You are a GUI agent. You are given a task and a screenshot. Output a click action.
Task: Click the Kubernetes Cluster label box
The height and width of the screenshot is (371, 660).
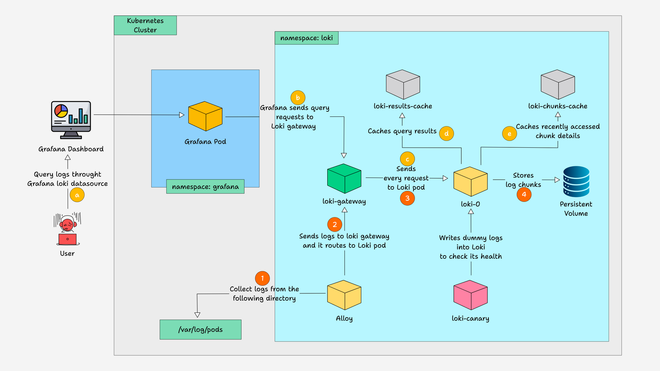point(145,25)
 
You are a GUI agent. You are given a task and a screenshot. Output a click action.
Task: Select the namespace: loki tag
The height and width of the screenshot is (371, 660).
point(306,38)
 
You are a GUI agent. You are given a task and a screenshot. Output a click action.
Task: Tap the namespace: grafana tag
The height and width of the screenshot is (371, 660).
point(205,187)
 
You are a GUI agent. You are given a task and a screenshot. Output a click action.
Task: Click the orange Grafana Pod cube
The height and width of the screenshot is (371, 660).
point(205,116)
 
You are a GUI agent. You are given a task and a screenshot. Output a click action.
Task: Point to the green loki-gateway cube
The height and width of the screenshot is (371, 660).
point(344,178)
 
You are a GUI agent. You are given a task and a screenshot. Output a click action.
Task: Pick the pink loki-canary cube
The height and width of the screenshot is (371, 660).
point(471,295)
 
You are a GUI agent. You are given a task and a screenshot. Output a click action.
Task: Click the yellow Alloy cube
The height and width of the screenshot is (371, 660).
point(344,295)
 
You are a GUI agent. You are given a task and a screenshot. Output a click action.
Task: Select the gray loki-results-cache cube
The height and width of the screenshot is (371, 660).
point(403,85)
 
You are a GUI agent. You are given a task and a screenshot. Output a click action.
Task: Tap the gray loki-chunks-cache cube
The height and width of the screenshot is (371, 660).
point(558,85)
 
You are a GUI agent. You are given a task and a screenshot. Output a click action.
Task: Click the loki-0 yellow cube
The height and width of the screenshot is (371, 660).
point(471,181)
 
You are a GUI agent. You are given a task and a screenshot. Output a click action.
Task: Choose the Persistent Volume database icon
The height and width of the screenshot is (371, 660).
point(576,181)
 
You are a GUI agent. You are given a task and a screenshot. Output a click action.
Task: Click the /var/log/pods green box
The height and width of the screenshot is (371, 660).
point(200,329)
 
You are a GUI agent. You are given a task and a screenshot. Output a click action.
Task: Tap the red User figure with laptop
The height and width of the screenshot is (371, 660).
point(68,229)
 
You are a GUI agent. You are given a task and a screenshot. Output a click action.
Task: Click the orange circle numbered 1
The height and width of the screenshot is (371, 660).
point(262,278)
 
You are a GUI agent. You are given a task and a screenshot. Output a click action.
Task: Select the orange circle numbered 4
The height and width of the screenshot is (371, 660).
point(524,194)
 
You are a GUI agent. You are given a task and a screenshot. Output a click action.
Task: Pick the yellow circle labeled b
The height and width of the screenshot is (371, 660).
point(298,98)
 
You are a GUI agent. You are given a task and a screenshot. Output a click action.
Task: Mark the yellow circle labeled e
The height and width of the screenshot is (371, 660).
point(509,134)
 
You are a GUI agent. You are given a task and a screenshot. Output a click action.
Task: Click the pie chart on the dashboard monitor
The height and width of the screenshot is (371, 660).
point(61,111)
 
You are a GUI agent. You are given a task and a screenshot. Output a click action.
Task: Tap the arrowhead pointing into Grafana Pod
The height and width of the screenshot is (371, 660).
point(182,115)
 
